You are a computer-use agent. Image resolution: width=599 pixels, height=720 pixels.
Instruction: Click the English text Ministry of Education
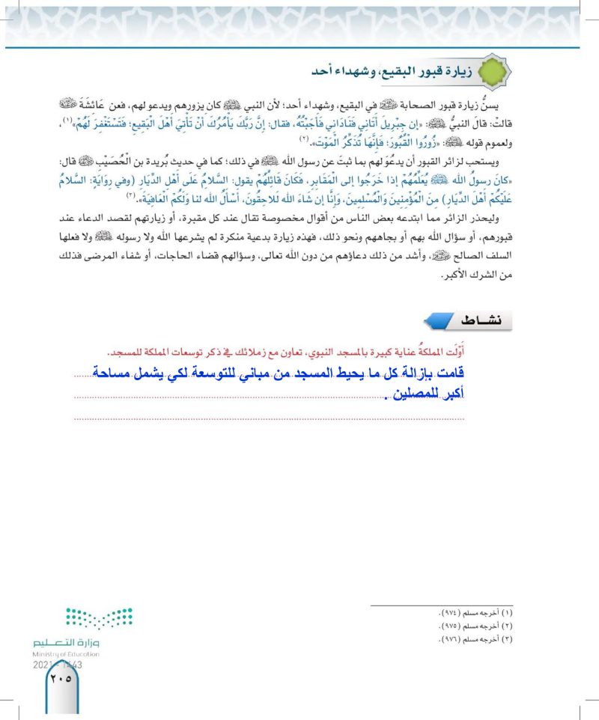[67, 654]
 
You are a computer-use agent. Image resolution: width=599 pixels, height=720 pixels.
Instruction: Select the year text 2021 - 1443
[58, 664]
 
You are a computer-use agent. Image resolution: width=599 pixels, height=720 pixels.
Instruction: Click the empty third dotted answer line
[270, 418]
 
